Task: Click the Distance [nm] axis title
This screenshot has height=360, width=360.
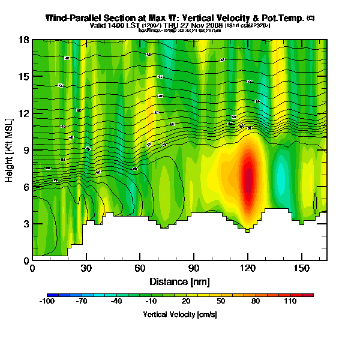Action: [179, 281]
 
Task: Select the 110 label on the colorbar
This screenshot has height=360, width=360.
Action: [290, 302]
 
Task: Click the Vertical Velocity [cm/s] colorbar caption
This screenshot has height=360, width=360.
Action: [179, 314]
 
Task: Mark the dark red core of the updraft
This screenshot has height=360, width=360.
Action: [248, 180]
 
